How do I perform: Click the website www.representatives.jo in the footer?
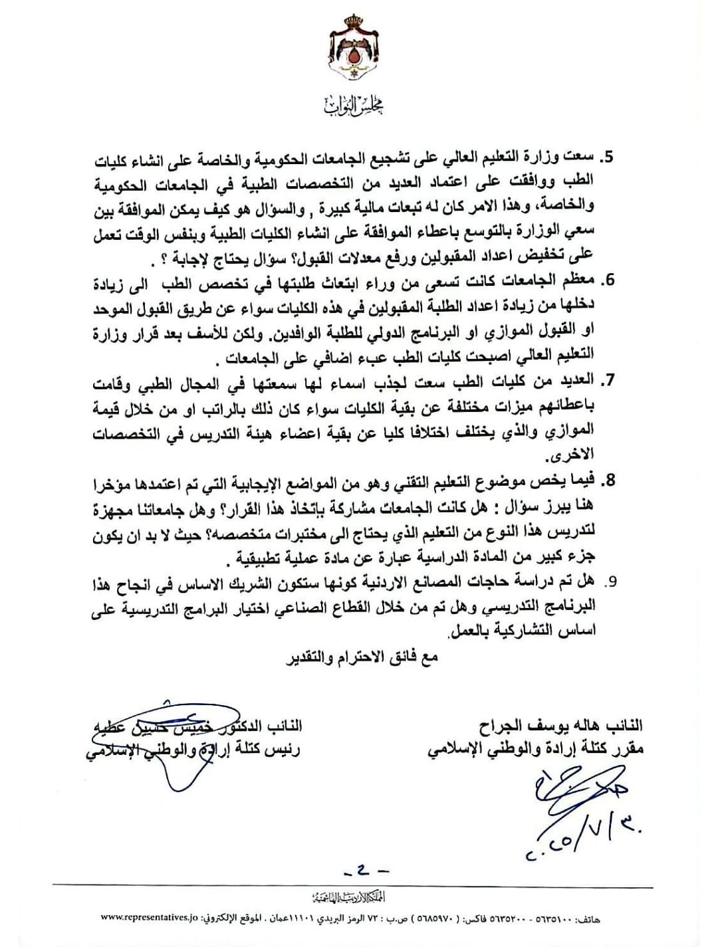[156, 916]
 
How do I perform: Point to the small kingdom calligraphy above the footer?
[359, 894]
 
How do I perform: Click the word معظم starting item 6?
[581, 280]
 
